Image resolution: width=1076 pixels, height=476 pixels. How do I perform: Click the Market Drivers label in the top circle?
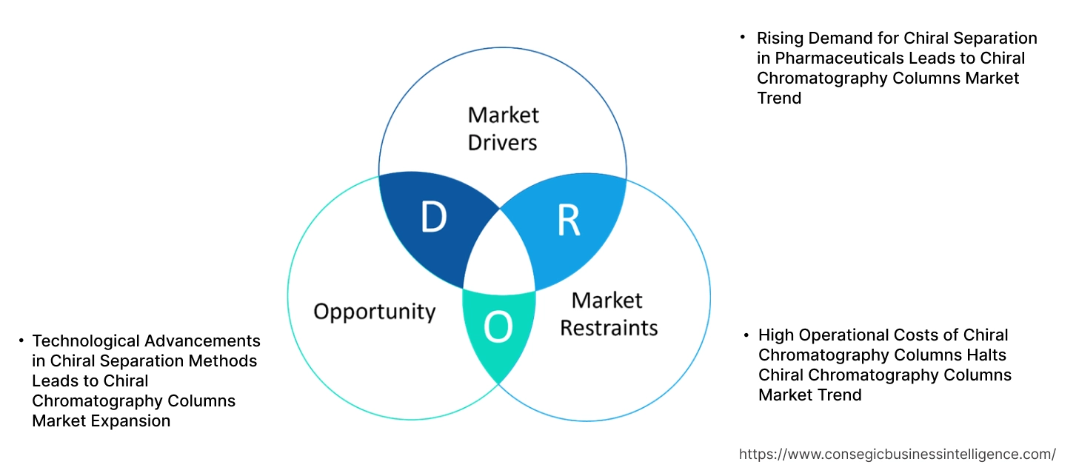503,128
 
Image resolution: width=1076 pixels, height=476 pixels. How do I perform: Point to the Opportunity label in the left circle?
374,311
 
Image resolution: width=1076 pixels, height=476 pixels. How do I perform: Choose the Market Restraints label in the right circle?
608,314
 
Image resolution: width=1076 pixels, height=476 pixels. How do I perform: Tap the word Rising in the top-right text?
780,38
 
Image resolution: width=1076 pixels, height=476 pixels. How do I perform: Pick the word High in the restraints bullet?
777,335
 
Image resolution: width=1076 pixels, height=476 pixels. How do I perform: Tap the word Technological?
85,341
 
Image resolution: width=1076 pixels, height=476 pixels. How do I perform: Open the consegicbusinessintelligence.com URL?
898,454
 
